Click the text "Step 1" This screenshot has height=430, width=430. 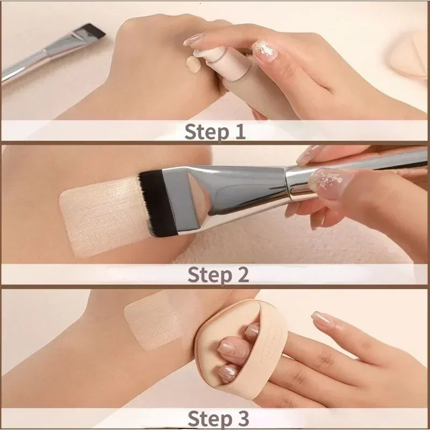pos(214,131)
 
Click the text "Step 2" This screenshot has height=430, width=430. pos(218,274)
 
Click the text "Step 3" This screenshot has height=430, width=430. pos(218,418)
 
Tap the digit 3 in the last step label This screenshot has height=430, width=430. pos(242,418)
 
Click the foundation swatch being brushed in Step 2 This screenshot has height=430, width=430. pos(97,215)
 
